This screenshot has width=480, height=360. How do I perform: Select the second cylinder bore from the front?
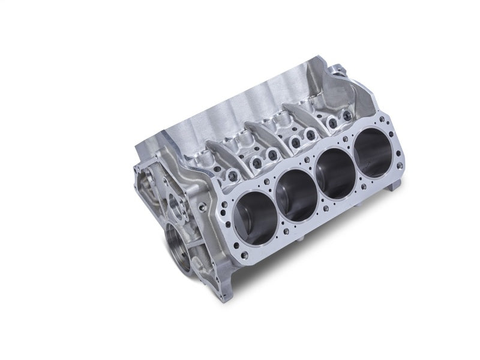click(293, 187)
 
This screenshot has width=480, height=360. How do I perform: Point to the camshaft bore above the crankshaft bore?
click(178, 202)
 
